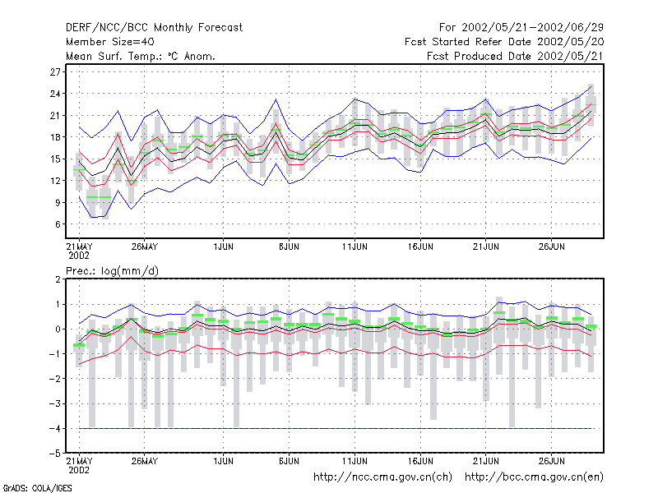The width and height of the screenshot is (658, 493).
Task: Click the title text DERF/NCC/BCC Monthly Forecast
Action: [154, 28]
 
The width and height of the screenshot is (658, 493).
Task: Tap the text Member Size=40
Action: [110, 42]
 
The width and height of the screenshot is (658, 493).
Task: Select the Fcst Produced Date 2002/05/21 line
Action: [516, 56]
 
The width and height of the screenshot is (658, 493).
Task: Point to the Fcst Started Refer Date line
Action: [504, 42]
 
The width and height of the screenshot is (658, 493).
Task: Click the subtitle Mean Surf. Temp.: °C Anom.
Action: [141, 56]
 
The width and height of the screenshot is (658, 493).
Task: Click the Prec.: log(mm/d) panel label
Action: [112, 271]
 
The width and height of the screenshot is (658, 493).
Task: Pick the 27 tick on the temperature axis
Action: [55, 71]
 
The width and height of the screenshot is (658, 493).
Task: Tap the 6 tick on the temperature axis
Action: [58, 224]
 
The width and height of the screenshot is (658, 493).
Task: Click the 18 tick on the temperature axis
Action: [55, 137]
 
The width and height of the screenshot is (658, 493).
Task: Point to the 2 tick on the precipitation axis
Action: [58, 279]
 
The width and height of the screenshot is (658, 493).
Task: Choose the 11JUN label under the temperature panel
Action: [354, 247]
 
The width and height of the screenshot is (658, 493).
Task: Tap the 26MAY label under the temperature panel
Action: [145, 247]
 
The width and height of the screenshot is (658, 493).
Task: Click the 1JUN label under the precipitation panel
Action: [223, 461]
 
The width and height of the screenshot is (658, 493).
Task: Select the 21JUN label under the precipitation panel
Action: [486, 461]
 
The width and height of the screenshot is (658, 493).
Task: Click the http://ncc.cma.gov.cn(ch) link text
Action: [382, 477]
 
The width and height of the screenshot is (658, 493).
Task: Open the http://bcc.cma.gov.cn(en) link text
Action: [534, 477]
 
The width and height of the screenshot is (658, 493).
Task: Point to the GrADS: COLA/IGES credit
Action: [37, 488]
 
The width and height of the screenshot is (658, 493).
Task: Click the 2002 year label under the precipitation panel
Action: [79, 470]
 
